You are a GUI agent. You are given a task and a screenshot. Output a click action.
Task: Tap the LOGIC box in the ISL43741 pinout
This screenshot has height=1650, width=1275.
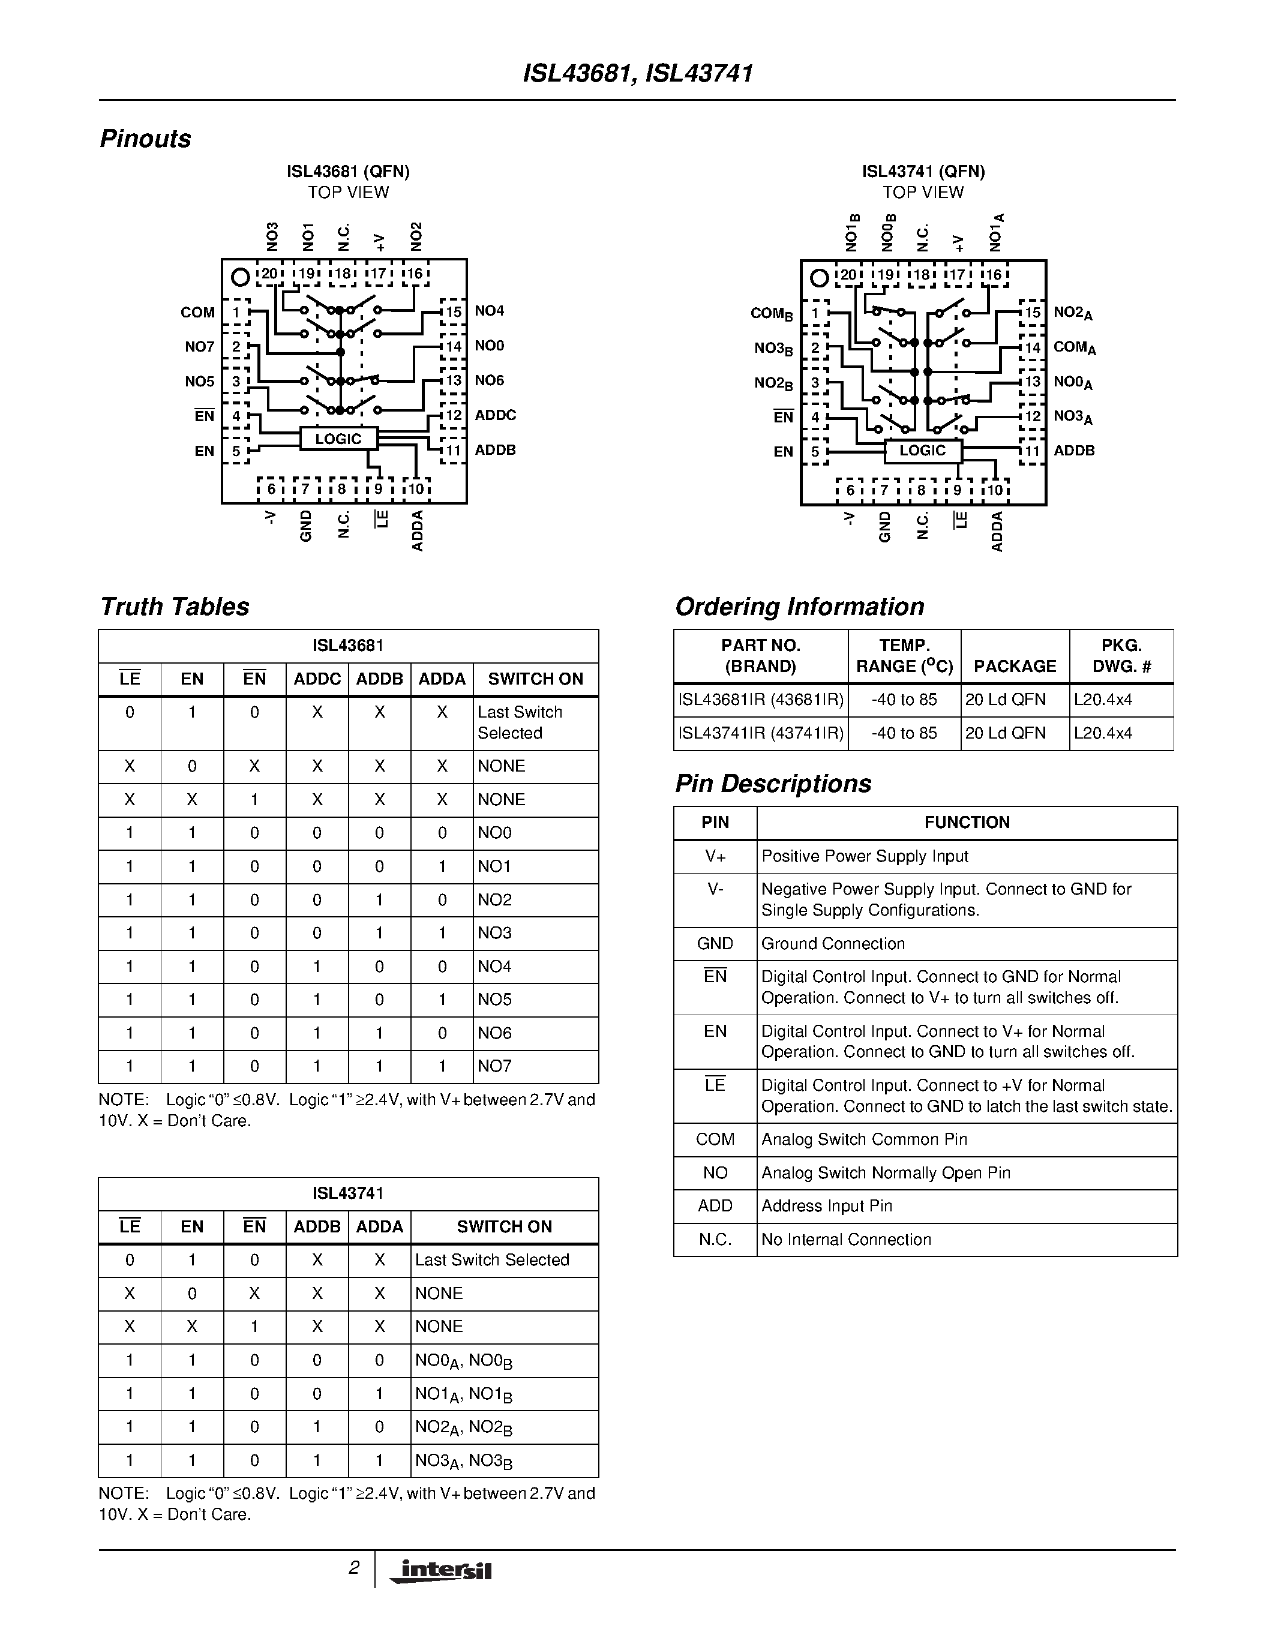point(922,451)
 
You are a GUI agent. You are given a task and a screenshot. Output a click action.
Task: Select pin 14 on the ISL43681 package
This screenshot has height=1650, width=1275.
point(453,347)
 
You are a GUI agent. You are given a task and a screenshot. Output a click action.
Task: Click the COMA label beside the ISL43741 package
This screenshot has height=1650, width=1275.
point(1074,347)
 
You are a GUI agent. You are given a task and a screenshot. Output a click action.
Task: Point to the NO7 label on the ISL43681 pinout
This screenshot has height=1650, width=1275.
point(199,347)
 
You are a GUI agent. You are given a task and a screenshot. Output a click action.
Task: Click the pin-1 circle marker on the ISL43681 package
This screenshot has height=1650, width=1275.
point(240,277)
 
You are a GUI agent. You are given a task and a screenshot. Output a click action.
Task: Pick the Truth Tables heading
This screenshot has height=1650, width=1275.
point(175,607)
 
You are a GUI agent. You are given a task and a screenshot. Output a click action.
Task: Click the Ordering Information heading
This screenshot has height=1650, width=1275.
point(799,607)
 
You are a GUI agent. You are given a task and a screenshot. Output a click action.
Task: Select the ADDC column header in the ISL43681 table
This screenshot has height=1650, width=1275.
point(317,679)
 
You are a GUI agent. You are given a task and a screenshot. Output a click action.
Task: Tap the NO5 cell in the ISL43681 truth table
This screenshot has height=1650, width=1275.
point(495,1000)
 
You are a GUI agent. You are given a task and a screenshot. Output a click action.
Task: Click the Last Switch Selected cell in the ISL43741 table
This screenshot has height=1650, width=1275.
point(492,1260)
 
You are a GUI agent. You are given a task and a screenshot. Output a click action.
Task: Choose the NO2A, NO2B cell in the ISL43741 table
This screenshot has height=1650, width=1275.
point(464,1427)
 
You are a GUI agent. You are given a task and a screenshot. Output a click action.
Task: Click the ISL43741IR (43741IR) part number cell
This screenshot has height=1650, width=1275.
point(761,734)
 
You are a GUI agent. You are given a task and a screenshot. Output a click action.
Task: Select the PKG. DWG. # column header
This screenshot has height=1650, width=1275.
point(1121,656)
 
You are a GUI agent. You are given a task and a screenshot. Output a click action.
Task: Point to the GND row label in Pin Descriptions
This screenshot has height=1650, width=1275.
point(715,944)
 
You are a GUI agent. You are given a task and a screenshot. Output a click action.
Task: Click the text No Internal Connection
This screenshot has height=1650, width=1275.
point(846,1240)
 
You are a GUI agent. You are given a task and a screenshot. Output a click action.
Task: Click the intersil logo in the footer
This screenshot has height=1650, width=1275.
point(440,1571)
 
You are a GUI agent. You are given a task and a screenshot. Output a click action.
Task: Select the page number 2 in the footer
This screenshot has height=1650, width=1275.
point(353,1568)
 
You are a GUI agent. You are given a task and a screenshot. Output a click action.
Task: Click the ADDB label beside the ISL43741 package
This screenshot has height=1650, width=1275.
point(1073,451)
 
